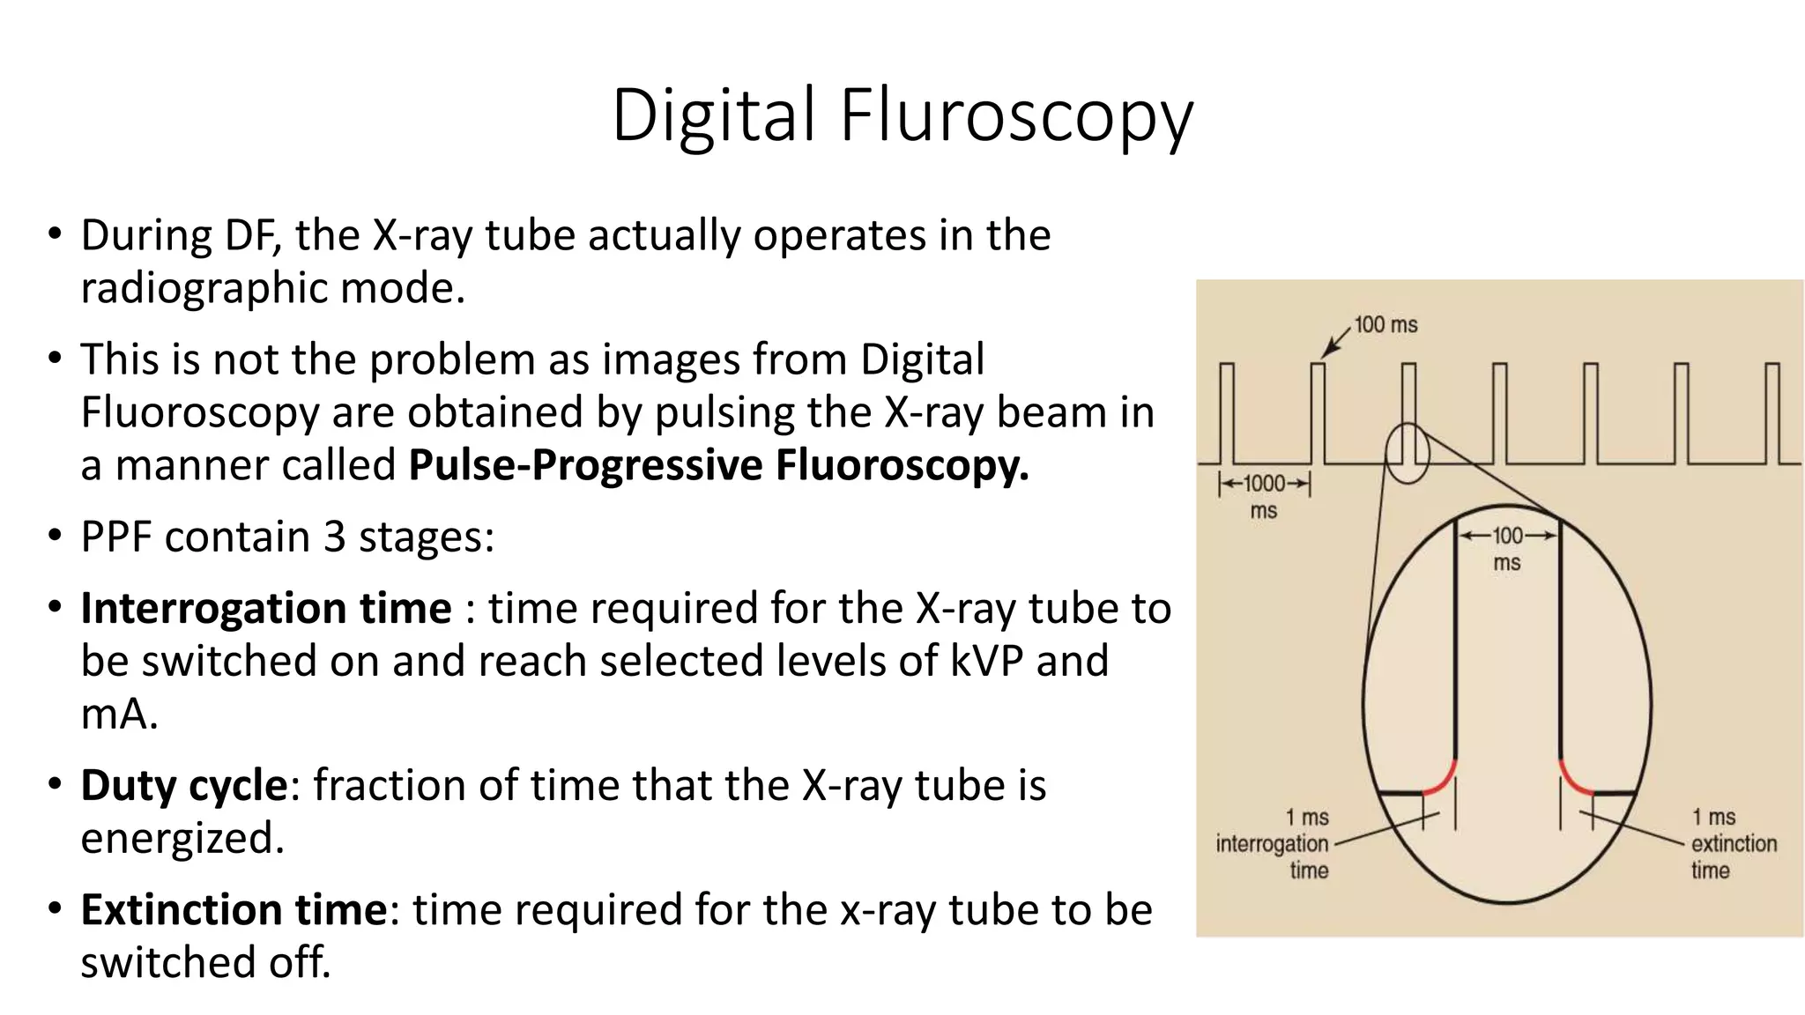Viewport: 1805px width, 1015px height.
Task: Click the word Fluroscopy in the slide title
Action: coord(1016,115)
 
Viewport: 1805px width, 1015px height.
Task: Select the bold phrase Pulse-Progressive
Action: coord(585,465)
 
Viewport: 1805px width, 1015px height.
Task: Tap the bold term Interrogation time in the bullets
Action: coord(266,608)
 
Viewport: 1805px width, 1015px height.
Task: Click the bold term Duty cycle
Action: coord(183,785)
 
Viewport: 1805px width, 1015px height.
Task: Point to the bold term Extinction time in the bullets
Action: coord(234,909)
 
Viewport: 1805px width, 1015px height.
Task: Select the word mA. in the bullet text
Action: coord(119,714)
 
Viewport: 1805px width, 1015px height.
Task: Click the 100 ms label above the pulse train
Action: coord(1385,325)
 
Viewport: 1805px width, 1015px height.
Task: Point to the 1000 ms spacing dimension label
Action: coord(1264,495)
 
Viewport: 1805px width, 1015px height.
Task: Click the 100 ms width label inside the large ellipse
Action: coord(1507,548)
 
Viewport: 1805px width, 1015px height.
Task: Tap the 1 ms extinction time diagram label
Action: coord(1733,843)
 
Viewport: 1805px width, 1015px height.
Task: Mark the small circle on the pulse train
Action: coord(1407,453)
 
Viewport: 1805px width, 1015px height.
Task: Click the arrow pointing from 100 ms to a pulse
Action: coord(1336,341)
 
